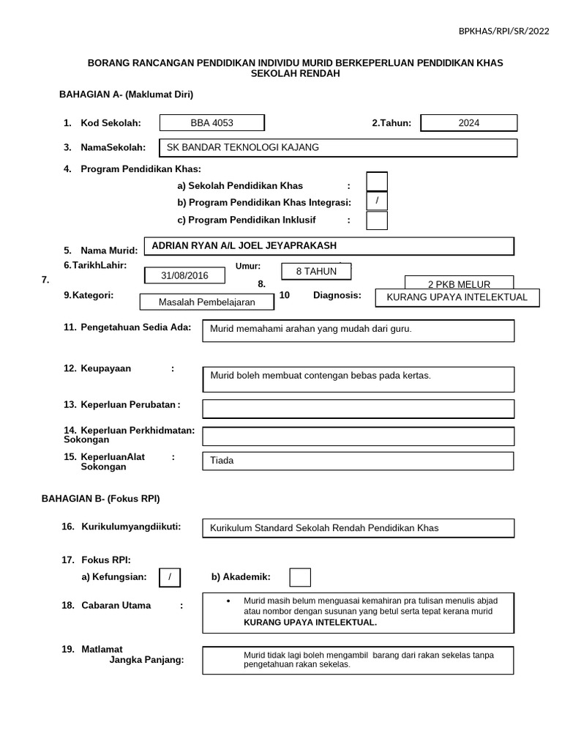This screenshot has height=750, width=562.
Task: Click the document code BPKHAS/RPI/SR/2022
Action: [503, 31]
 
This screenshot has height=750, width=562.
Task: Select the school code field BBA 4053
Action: [211, 123]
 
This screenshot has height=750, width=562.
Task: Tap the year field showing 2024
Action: [469, 123]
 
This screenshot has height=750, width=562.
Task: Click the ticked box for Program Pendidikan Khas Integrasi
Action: [377, 201]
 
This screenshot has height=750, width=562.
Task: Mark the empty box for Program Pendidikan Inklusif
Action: [377, 220]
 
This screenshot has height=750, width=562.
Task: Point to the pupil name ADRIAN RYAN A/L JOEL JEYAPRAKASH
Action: [329, 246]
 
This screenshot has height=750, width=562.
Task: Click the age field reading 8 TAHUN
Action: [316, 271]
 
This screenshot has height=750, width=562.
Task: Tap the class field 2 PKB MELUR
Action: [459, 284]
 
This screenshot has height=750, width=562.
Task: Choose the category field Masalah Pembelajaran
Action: [207, 302]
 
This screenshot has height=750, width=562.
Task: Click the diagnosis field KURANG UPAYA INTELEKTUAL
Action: [457, 297]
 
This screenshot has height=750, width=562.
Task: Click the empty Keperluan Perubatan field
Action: [358, 408]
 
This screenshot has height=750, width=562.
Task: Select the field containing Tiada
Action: [358, 461]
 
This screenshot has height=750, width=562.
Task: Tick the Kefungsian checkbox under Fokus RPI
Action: [170, 577]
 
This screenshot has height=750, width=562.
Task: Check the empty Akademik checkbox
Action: [300, 577]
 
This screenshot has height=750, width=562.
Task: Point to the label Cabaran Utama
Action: [116, 606]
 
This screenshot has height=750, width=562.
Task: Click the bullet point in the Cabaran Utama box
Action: [228, 601]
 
